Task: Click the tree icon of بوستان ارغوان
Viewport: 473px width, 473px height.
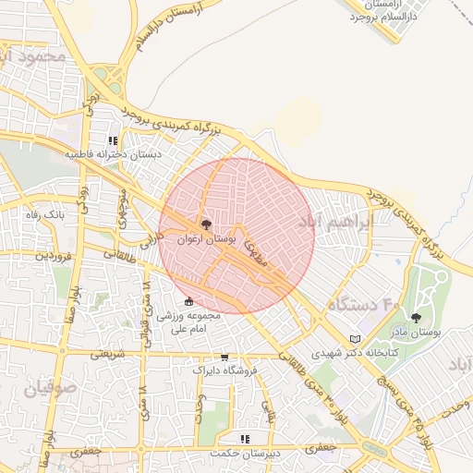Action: pyautogui.click(x=205, y=224)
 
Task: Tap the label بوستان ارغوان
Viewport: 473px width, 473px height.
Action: pyautogui.click(x=205, y=238)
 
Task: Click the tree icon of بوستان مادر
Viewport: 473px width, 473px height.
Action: pyautogui.click(x=416, y=317)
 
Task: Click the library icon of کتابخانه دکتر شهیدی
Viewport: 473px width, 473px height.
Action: pyautogui.click(x=357, y=339)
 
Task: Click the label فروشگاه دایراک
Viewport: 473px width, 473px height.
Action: pyautogui.click(x=224, y=370)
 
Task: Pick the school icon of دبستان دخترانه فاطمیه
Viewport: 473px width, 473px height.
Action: pyautogui.click(x=113, y=140)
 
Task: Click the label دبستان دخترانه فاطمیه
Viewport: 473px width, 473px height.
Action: pyautogui.click(x=113, y=154)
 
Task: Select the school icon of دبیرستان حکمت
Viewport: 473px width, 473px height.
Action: pyautogui.click(x=245, y=439)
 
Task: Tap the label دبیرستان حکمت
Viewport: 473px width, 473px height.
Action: pyautogui.click(x=245, y=453)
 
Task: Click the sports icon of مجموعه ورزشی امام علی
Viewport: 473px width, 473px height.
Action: pyautogui.click(x=189, y=301)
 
